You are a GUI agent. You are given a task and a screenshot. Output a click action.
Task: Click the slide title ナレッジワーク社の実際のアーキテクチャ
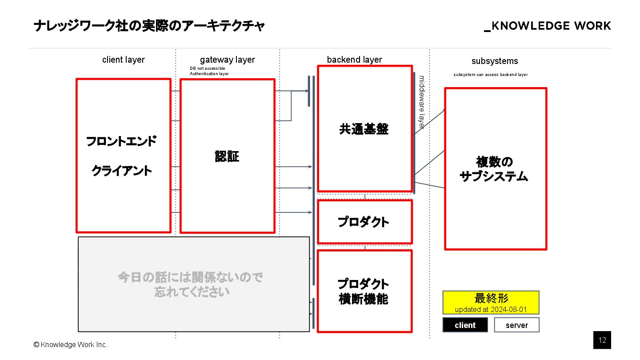point(149,26)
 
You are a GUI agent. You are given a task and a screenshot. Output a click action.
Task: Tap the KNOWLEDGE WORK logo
point(548,26)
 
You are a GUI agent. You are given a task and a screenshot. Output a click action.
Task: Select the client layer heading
point(123,60)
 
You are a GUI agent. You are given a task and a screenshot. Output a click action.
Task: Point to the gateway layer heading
point(227,60)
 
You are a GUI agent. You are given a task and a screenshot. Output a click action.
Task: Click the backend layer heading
point(354,60)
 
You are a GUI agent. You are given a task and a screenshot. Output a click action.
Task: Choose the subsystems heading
point(495,61)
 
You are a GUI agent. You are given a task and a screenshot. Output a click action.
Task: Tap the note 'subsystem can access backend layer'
point(490,75)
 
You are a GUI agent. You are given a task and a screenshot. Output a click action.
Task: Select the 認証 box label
point(227,156)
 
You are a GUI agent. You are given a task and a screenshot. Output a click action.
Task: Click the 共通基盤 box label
point(364,129)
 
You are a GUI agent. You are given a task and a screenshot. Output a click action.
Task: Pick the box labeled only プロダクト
point(364,222)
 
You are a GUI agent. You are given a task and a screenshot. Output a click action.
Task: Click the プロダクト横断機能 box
point(364,291)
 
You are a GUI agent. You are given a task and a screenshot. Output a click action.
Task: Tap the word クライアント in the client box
point(122,171)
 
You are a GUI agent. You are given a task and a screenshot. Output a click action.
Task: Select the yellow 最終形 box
point(491,302)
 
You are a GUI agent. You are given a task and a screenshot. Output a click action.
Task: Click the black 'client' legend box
point(465,325)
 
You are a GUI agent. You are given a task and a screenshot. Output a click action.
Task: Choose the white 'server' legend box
point(516,325)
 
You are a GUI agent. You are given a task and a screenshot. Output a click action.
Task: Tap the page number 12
point(602,340)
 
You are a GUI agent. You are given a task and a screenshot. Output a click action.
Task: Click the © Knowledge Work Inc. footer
point(70,344)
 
